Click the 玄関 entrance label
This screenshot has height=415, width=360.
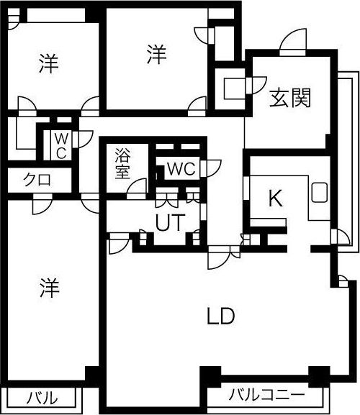coord(290,99)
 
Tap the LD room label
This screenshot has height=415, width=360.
coord(220,316)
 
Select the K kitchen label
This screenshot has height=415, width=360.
coord(276,199)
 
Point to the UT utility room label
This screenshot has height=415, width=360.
coord(170,222)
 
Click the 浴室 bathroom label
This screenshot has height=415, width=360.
coord(122,163)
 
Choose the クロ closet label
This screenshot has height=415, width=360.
coord(37,181)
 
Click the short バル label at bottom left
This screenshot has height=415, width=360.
coord(42,398)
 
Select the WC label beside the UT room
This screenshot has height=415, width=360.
coord(181,168)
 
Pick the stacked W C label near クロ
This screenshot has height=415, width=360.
coord(61,146)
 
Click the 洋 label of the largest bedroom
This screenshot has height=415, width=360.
coord(49,288)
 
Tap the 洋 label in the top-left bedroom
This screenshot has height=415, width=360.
coord(48,63)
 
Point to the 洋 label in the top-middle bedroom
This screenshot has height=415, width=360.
coord(157,55)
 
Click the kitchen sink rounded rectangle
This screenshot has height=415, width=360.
coord(320,193)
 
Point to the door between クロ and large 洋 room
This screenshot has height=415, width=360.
coord(42,205)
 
